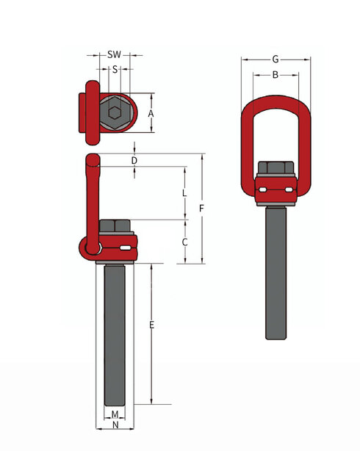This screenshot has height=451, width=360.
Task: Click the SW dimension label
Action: pyautogui.click(x=114, y=54)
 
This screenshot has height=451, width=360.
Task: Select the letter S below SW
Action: pyautogui.click(x=115, y=69)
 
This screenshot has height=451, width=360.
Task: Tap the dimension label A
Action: pyautogui.click(x=150, y=113)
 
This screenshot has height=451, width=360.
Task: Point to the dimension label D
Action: pyautogui.click(x=134, y=160)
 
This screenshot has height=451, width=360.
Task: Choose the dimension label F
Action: pyautogui.click(x=201, y=209)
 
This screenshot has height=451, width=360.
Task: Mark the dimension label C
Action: pyautogui.click(x=184, y=242)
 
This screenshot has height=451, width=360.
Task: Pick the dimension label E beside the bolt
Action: pyautogui.click(x=151, y=324)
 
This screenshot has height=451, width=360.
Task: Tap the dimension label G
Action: pyautogui.click(x=275, y=58)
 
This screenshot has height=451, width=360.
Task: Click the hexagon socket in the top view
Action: pyautogui.click(x=114, y=113)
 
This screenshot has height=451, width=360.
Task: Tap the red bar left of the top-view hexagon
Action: pyautogui.click(x=91, y=113)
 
